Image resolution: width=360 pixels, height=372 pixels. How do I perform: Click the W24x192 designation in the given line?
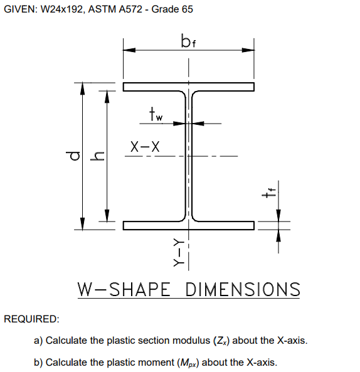(x=64, y=9)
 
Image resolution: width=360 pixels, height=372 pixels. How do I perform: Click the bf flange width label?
(x=188, y=43)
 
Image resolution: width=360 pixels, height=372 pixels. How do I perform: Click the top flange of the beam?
(x=188, y=87)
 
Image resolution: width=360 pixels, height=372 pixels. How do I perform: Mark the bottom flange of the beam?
(x=188, y=225)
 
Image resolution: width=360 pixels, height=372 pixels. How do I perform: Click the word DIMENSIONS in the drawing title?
(x=243, y=290)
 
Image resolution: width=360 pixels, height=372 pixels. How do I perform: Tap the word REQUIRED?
(x=31, y=319)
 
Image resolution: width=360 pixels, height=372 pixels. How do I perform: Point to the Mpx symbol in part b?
(x=189, y=363)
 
